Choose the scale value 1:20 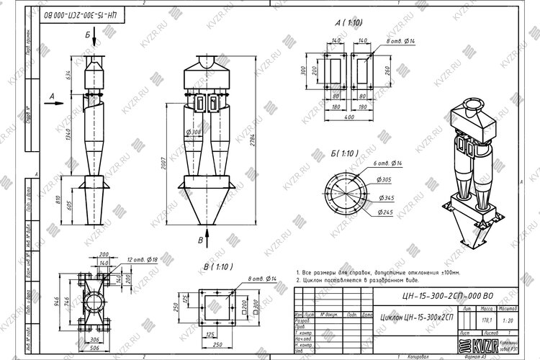pyautogui.click(x=506, y=320)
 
